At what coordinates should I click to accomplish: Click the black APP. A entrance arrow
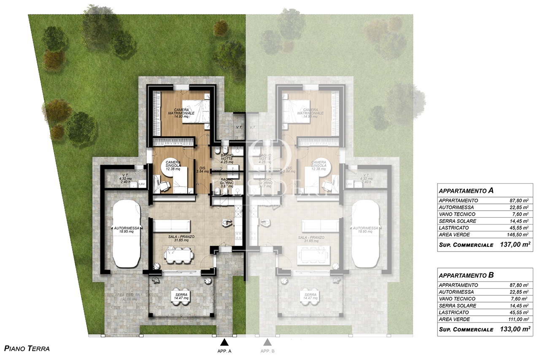click(224, 342)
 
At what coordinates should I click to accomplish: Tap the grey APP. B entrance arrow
click(267, 342)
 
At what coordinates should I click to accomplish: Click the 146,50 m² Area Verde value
click(519, 235)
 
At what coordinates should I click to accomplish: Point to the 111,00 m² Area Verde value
click(519, 319)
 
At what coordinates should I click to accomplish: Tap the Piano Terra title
click(27, 349)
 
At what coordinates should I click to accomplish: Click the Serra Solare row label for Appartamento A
click(457, 221)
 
